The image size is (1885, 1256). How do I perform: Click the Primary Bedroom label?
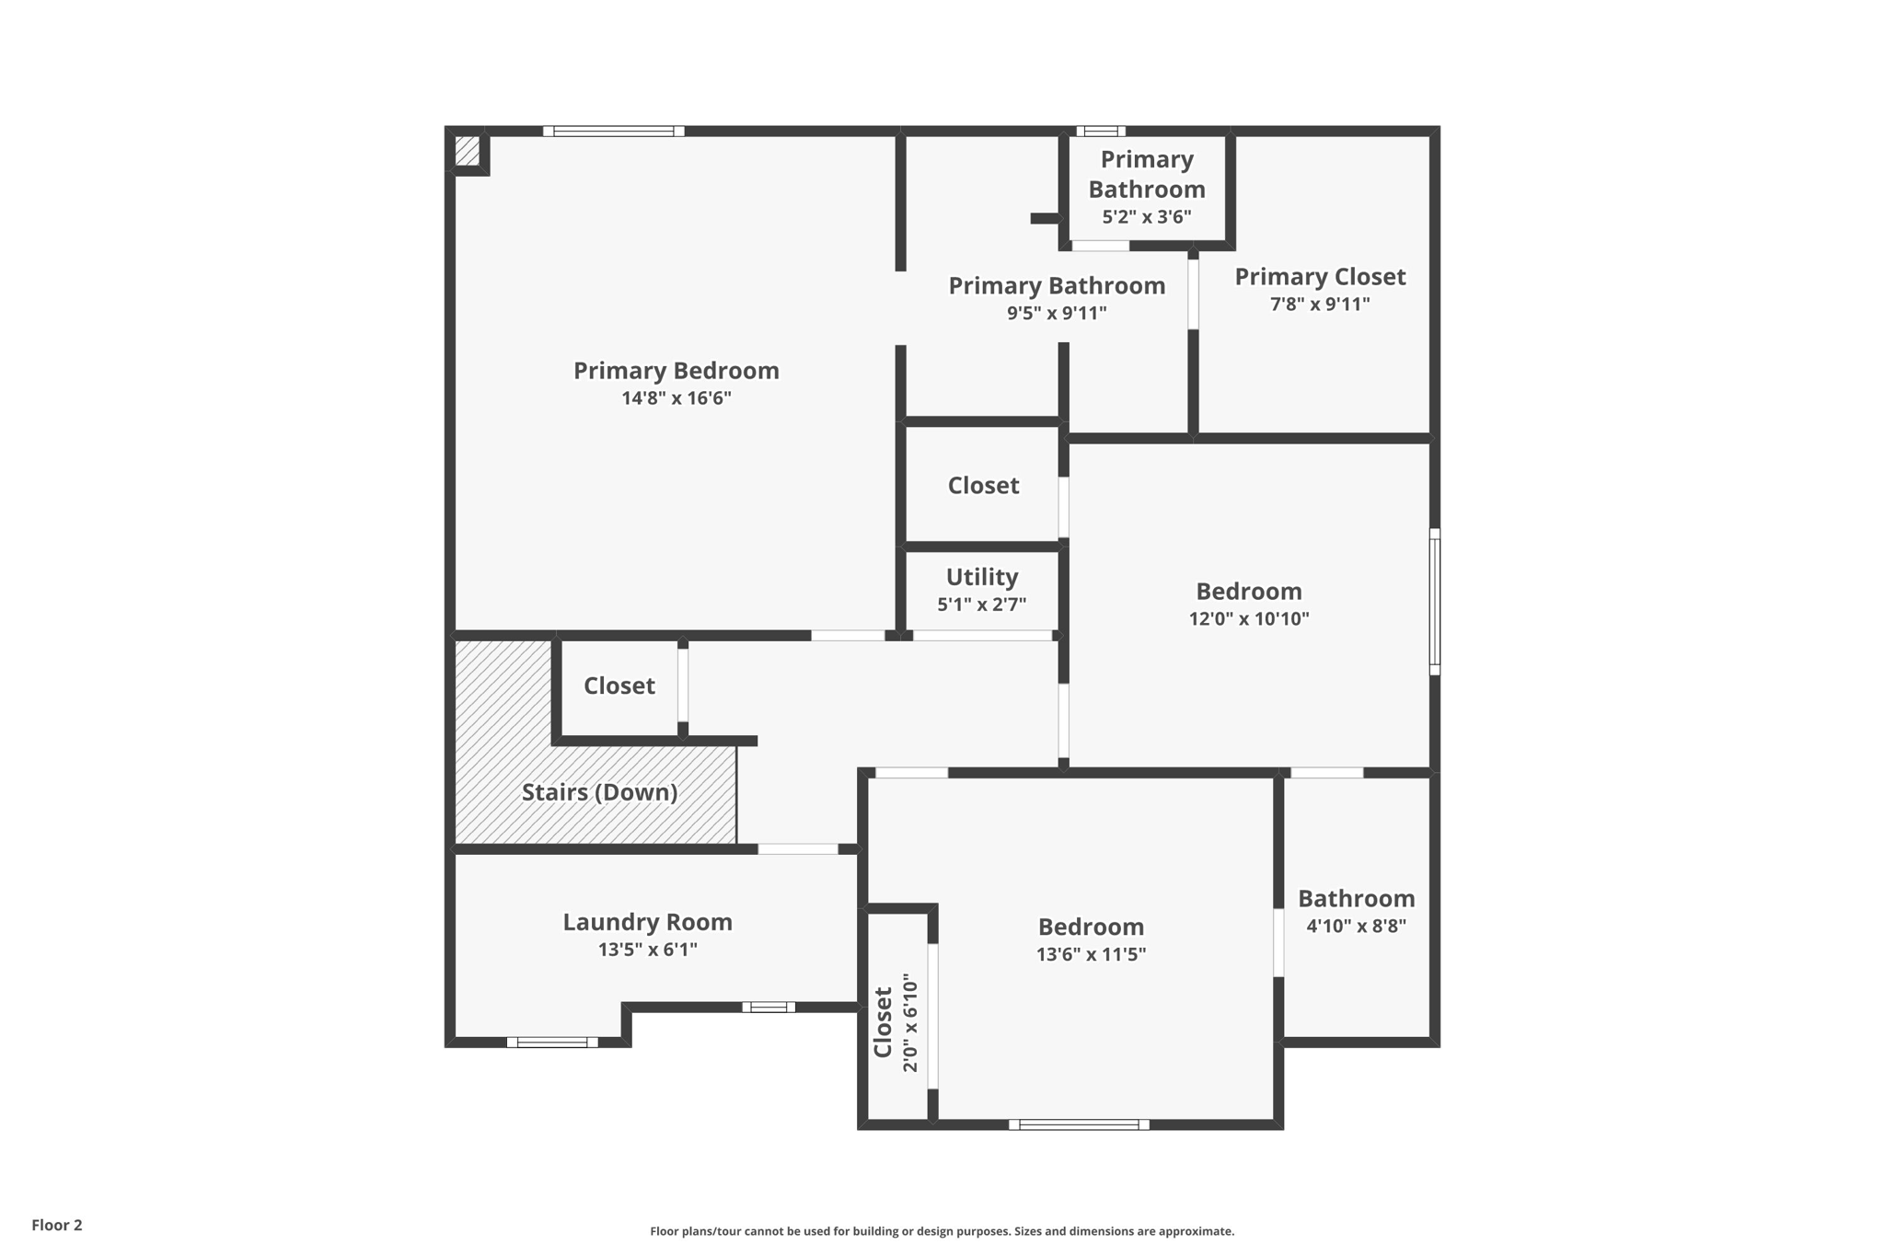tap(676, 371)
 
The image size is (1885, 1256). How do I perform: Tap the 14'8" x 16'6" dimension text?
tap(676, 398)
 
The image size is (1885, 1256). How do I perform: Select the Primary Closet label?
tap(1320, 277)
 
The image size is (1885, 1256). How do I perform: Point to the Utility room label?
tap(982, 577)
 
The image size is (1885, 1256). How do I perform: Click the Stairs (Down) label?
tap(599, 792)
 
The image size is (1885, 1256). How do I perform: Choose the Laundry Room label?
tap(647, 922)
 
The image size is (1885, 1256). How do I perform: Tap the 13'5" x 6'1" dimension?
tap(647, 950)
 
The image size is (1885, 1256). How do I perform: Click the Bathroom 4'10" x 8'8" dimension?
tap(1356, 926)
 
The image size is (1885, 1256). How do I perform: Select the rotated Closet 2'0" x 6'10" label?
tap(896, 1022)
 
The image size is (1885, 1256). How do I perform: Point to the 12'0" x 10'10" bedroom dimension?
tap(1248, 618)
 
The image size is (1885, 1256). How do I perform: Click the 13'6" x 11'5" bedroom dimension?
tap(1091, 954)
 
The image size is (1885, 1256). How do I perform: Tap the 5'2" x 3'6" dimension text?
tap(1147, 217)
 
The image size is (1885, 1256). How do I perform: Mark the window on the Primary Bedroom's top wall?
tap(613, 131)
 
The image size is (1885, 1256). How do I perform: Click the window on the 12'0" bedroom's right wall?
tap(1434, 602)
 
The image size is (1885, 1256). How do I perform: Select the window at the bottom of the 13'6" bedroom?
tap(1079, 1124)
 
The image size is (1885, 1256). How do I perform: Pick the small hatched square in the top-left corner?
tap(467, 151)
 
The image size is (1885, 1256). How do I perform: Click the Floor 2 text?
tap(57, 1225)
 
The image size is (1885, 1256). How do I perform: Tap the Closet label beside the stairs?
tap(619, 686)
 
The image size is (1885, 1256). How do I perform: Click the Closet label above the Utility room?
tap(983, 485)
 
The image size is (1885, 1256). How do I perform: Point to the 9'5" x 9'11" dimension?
tap(1056, 313)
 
